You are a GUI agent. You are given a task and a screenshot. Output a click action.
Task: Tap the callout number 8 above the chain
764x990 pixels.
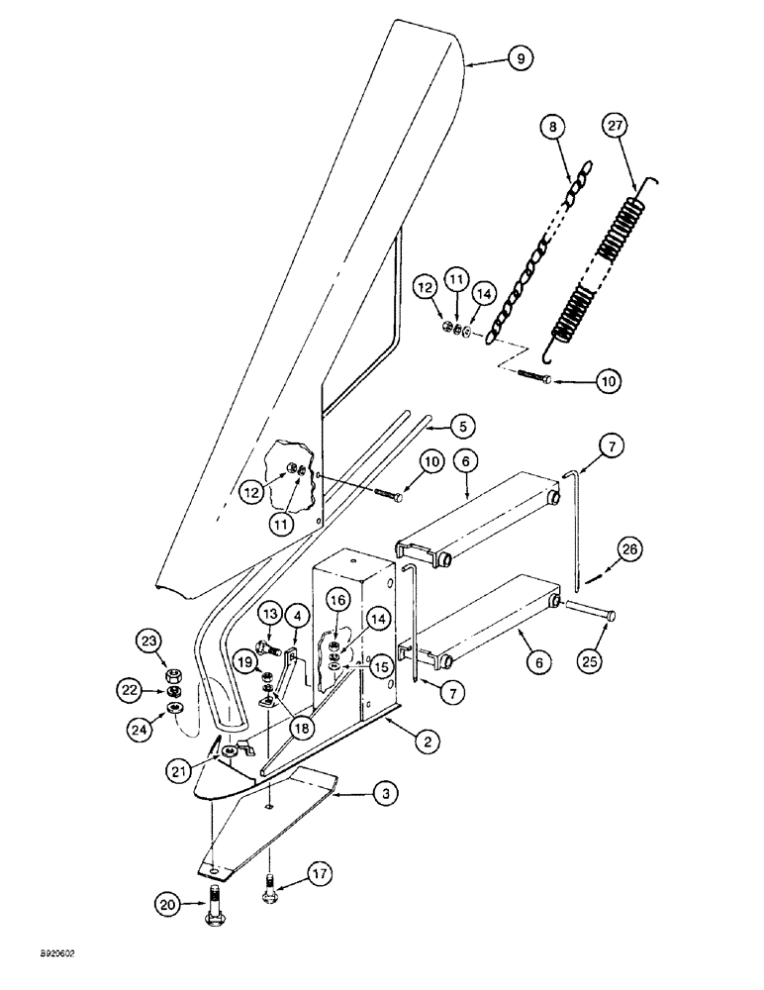point(553,127)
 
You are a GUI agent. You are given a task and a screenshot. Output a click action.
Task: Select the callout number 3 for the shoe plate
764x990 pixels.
point(384,792)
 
